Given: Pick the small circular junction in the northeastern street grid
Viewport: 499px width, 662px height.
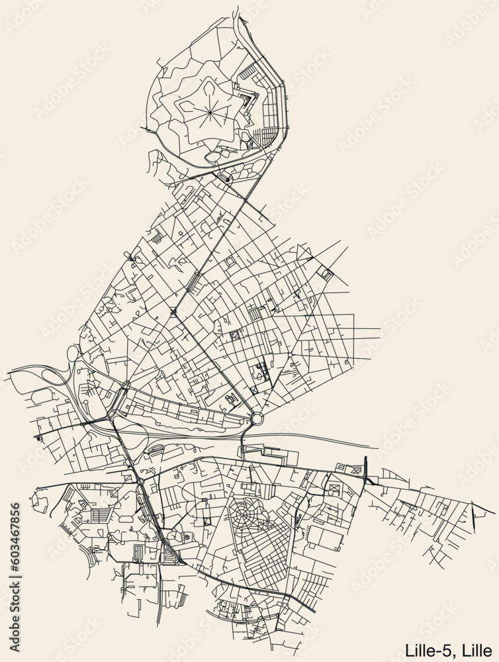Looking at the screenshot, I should click(x=289, y=355).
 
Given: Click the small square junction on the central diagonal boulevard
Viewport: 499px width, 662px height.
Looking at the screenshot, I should click(x=173, y=311).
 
